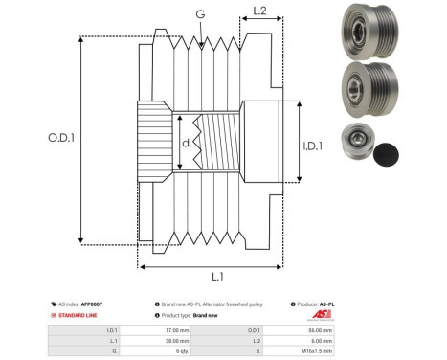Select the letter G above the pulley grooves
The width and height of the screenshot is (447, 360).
pyautogui.click(x=199, y=14)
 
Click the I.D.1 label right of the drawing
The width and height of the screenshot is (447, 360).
pyautogui.click(x=313, y=146)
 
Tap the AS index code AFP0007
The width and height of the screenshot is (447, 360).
pyautogui.click(x=91, y=304)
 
